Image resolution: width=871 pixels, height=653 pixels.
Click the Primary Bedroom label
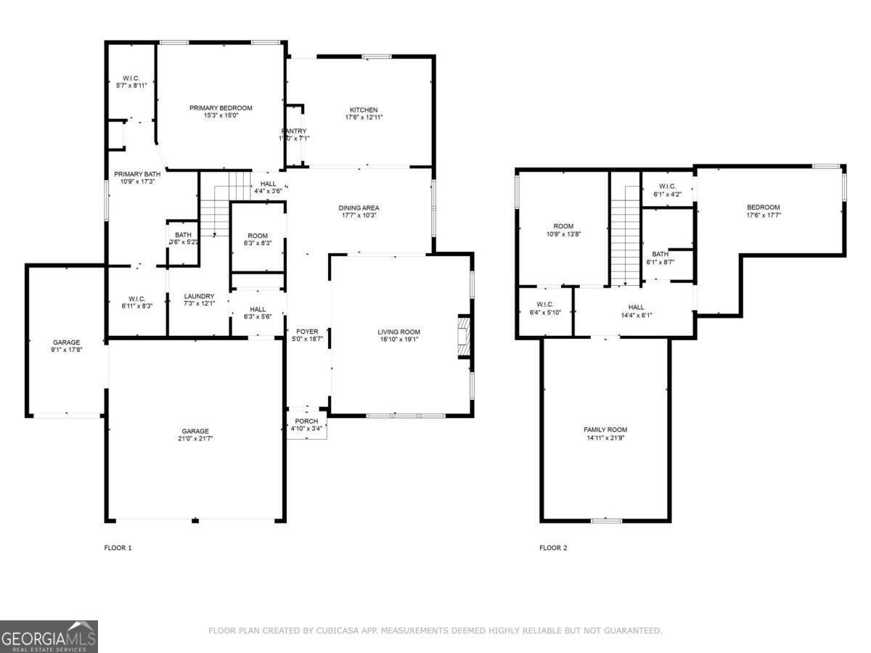[x=221, y=108]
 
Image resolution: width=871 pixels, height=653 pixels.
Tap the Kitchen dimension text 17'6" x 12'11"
[x=364, y=117]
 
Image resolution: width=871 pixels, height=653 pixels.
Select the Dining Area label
[x=359, y=208]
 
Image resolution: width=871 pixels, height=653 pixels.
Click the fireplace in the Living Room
[x=462, y=337]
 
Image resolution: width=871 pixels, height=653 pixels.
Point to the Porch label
[x=306, y=421]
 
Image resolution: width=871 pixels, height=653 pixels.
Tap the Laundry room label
[x=199, y=296]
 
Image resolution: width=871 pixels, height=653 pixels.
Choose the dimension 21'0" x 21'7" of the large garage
[x=195, y=438]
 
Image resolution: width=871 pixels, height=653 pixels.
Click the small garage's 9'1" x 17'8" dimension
[x=66, y=350]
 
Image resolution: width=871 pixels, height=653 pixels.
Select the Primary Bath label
[x=137, y=173]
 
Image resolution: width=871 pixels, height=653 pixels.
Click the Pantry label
[x=294, y=131]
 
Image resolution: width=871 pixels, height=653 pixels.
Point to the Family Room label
[x=605, y=430]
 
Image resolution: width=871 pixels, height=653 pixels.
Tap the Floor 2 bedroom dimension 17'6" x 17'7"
[x=764, y=215]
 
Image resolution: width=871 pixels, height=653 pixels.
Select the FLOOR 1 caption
[x=118, y=548]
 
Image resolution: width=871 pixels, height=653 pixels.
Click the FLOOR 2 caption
[x=553, y=548]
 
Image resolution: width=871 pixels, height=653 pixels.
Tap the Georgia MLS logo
[x=49, y=636]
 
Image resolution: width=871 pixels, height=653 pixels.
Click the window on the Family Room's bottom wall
[x=605, y=520]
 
